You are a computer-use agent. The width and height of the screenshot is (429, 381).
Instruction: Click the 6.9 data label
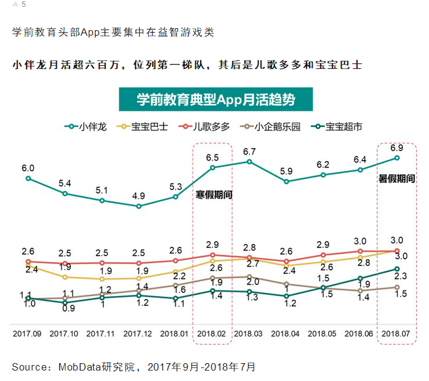pos(397,148)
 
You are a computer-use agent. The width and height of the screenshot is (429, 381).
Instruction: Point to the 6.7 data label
pos(249,151)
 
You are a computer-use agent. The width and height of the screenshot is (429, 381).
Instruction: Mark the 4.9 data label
pos(138,196)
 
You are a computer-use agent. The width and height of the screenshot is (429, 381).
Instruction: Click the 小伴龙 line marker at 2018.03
pos(249,162)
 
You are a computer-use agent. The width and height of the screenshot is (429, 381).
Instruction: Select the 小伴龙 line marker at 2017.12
pos(138,206)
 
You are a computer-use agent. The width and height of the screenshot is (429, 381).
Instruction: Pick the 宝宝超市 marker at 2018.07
pos(397,269)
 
